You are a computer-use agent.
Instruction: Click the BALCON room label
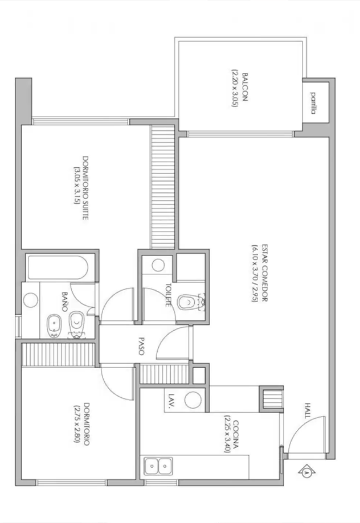(x=245, y=88)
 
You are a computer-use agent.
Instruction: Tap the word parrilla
(x=313, y=103)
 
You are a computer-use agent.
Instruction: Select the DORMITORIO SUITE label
(x=85, y=187)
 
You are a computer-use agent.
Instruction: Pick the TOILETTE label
(x=168, y=295)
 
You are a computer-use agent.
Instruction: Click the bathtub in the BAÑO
(x=58, y=268)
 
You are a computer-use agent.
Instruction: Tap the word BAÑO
(x=65, y=302)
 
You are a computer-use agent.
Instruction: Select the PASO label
(x=141, y=346)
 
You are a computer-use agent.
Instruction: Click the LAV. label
(x=172, y=401)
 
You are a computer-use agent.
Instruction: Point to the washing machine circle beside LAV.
(x=193, y=400)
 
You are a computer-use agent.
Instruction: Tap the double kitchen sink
(x=158, y=466)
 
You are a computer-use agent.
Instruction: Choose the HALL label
(x=308, y=410)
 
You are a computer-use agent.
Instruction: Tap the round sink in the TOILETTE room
(x=158, y=265)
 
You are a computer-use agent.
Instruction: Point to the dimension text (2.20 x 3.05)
(x=235, y=88)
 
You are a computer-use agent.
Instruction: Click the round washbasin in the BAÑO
(x=30, y=300)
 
